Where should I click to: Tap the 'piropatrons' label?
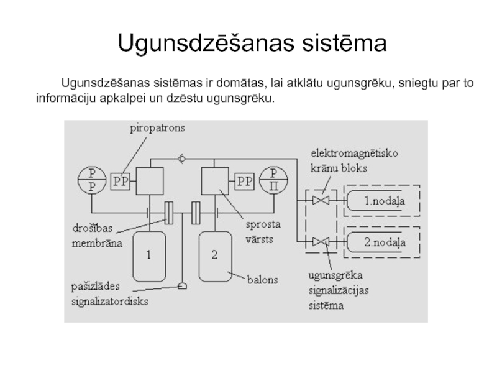coord(157,129)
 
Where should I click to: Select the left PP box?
coord(120,181)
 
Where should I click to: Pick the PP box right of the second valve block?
coord(243,181)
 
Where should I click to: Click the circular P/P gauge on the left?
coord(91,180)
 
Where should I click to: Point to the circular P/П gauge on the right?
coord(273,180)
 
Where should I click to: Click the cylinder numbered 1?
coord(149,255)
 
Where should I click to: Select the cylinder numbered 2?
coord(214,255)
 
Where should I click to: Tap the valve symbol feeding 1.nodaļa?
coord(321,200)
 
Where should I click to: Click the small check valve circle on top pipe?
coord(181,159)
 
